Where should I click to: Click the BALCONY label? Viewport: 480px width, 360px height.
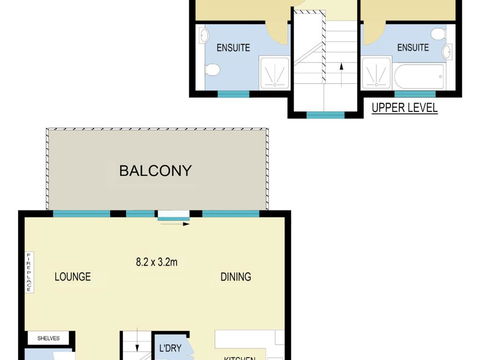tap(154, 171)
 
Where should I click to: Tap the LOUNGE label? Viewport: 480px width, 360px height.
tap(73, 277)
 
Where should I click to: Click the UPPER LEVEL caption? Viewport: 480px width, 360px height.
tap(404, 108)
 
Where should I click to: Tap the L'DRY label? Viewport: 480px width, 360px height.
tap(171, 349)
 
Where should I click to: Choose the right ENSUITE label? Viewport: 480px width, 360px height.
tap(413, 46)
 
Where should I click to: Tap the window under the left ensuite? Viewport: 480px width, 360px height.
tap(233, 93)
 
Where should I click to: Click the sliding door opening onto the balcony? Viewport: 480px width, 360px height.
tap(172, 213)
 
